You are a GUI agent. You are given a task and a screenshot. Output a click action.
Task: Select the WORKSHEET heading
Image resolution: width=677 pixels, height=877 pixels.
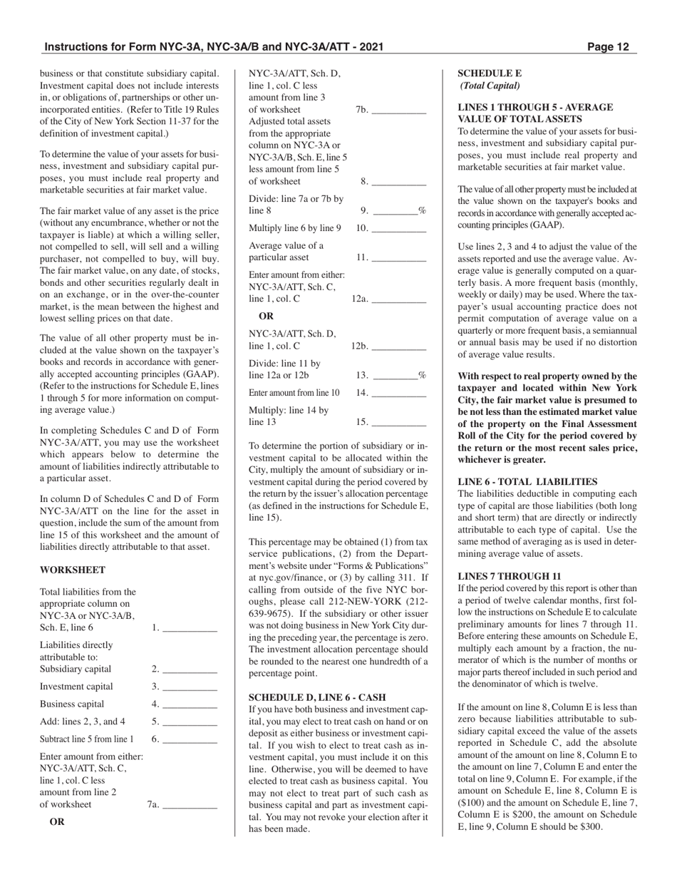click(x=73, y=570)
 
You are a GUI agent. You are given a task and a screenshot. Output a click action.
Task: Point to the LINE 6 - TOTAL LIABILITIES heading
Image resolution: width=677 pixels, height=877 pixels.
click(x=527, y=482)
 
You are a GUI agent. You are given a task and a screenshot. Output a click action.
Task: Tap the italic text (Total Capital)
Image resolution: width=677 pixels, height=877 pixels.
click(x=490, y=86)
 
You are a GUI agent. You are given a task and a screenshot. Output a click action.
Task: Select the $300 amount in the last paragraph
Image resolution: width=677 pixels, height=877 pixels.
click(x=591, y=826)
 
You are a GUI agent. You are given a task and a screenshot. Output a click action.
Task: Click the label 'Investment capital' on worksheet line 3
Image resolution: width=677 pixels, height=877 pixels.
click(x=76, y=687)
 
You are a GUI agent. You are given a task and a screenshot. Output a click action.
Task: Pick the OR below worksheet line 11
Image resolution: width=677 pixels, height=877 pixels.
click(x=266, y=316)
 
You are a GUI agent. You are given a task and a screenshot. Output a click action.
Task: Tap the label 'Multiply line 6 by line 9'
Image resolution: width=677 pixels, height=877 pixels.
click(x=295, y=228)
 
